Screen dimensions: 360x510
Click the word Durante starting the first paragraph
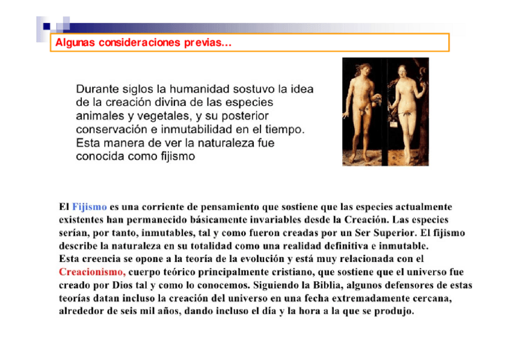tap(97, 89)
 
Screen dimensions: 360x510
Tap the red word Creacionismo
tap(91, 272)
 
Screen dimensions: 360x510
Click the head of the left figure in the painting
tap(361, 67)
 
